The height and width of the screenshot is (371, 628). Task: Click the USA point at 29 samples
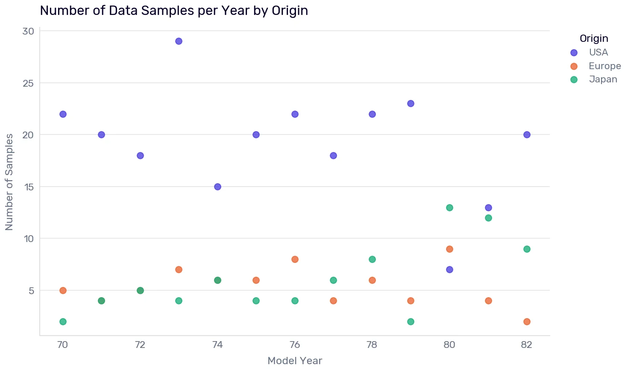click(179, 41)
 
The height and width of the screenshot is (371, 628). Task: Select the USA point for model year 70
click(63, 114)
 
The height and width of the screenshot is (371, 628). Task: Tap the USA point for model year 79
click(411, 103)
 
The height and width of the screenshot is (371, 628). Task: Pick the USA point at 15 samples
click(217, 187)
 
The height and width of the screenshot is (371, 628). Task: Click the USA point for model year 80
click(450, 269)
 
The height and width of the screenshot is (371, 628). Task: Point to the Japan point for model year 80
click(450, 207)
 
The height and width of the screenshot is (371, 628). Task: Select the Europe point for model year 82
click(527, 321)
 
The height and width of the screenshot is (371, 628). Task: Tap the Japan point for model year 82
click(527, 249)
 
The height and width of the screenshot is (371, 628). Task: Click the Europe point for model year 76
click(295, 259)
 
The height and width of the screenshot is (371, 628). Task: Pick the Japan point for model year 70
click(63, 321)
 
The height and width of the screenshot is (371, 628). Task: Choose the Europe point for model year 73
click(179, 269)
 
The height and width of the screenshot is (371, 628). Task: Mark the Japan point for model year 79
click(411, 321)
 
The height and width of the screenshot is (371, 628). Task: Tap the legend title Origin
click(594, 38)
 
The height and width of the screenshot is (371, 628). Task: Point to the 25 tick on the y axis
click(28, 83)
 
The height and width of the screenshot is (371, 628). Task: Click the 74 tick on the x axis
click(217, 345)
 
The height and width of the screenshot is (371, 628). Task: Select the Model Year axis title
click(295, 361)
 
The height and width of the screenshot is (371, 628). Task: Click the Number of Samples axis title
click(9, 182)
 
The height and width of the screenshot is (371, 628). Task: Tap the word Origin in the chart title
click(290, 11)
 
